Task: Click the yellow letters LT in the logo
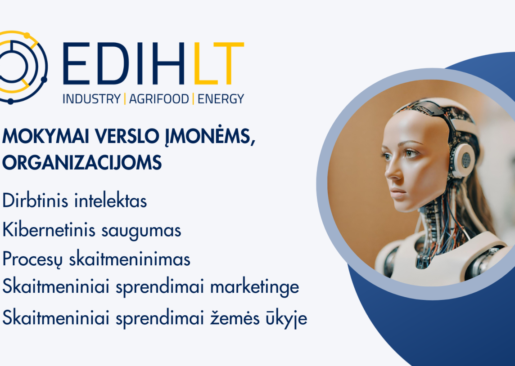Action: [x=218, y=63]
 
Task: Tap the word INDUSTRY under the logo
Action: [x=92, y=99]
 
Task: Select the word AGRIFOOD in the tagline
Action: [x=159, y=99]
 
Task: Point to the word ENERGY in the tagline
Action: [x=221, y=99]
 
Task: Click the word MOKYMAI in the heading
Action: [x=45, y=136]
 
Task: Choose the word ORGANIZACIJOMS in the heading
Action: [x=82, y=162]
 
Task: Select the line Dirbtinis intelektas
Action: [x=75, y=201]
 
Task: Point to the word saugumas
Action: [x=141, y=231]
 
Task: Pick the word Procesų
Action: [x=32, y=259]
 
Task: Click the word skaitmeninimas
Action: [x=129, y=259]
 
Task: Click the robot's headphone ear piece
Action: [x=464, y=161]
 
